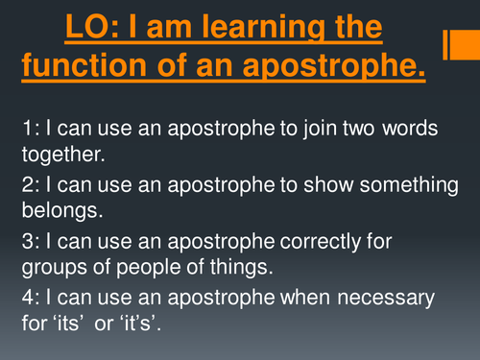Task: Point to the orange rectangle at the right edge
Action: [459, 44]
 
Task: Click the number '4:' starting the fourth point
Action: [29, 304]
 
